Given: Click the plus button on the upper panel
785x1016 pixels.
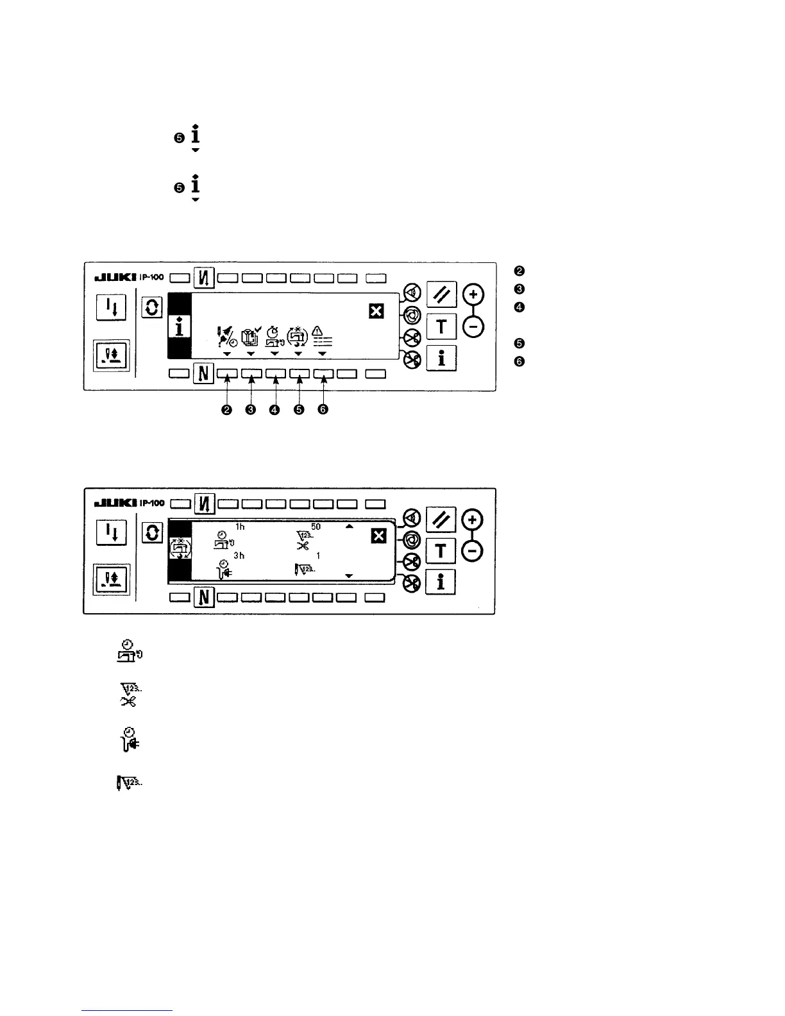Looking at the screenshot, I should point(474,295).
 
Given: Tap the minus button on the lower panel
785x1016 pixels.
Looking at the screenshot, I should point(474,551).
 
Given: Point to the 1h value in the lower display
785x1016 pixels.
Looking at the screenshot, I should point(240,527).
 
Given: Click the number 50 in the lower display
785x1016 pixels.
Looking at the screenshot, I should point(316,527).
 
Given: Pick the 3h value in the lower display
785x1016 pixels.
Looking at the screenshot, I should point(239,555).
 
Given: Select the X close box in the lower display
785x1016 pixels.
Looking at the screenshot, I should point(379,536).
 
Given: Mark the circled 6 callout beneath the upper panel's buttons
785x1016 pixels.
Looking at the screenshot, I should point(323,410).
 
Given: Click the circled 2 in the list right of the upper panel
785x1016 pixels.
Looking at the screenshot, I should point(520,271).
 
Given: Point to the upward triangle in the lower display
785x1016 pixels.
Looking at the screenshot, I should point(350,527).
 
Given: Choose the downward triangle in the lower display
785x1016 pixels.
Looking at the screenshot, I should point(349,576).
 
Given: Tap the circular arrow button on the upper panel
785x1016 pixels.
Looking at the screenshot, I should point(152,308).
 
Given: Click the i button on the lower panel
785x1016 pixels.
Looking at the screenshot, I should point(441,582).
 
